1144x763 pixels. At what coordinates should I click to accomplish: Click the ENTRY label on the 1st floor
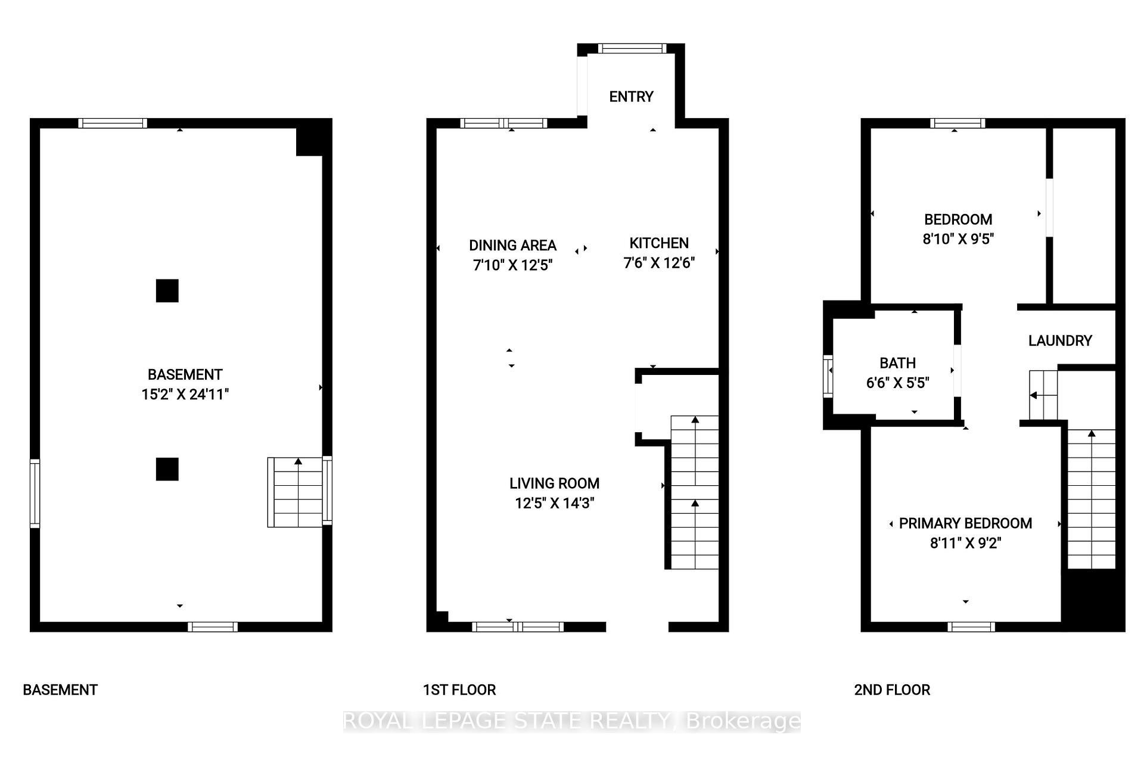click(x=631, y=97)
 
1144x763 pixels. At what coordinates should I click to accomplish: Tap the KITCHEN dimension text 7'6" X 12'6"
click(x=659, y=263)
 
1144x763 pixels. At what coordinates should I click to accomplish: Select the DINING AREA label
click(x=512, y=245)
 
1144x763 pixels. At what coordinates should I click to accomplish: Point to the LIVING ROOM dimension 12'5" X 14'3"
click(x=554, y=503)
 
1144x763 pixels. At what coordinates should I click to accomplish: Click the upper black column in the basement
click(x=167, y=291)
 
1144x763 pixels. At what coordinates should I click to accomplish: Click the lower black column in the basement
click(x=167, y=469)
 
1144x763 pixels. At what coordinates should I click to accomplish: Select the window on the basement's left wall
click(x=35, y=493)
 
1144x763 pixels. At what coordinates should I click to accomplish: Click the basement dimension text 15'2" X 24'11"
click(x=185, y=394)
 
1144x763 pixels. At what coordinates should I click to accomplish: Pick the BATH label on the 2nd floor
click(x=897, y=363)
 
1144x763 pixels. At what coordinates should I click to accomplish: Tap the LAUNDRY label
click(x=1060, y=340)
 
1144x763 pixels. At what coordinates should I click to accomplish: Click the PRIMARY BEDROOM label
click(x=965, y=523)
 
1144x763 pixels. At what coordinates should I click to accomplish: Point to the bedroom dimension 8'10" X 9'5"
click(x=958, y=239)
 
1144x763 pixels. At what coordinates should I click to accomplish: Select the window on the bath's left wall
click(x=828, y=376)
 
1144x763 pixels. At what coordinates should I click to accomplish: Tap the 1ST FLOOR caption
click(x=459, y=690)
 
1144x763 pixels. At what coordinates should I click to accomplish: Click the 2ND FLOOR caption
click(x=892, y=690)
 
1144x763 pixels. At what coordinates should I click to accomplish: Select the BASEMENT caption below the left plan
click(x=60, y=690)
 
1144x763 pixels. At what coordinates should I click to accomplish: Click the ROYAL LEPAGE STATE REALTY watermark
click(x=572, y=721)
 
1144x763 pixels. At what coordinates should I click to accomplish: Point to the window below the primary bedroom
click(x=971, y=626)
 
